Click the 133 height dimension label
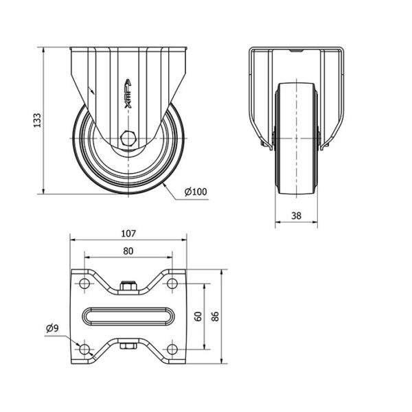coord(37,120)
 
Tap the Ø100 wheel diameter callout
coord(196,192)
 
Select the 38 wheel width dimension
coord(296,216)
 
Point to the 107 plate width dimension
coord(128,233)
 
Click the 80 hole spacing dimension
coord(128,251)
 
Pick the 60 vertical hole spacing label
coord(198,316)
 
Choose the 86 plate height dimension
coord(215,316)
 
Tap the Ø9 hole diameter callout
coord(53,328)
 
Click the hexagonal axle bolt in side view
coord(128,138)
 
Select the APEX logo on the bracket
coord(128,94)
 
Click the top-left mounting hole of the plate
coord(84,284)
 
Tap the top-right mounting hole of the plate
coord(172,284)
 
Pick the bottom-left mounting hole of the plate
coord(84,350)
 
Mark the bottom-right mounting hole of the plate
coord(172,350)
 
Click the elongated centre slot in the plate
coord(128,317)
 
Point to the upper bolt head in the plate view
coord(128,286)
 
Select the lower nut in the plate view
coord(128,346)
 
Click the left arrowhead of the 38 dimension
coord(278,222)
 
